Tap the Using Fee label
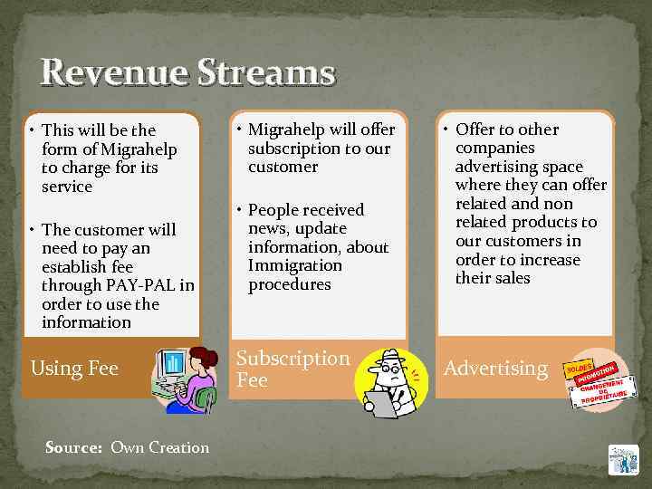click(x=74, y=368)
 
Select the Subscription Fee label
click(x=292, y=369)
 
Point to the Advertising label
click(x=495, y=368)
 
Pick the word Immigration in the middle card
click(x=295, y=265)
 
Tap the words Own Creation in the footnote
click(x=159, y=447)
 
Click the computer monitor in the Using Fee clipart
click(x=173, y=364)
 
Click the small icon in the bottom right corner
click(x=623, y=460)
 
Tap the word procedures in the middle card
click(x=290, y=284)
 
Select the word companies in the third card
click(x=494, y=148)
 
